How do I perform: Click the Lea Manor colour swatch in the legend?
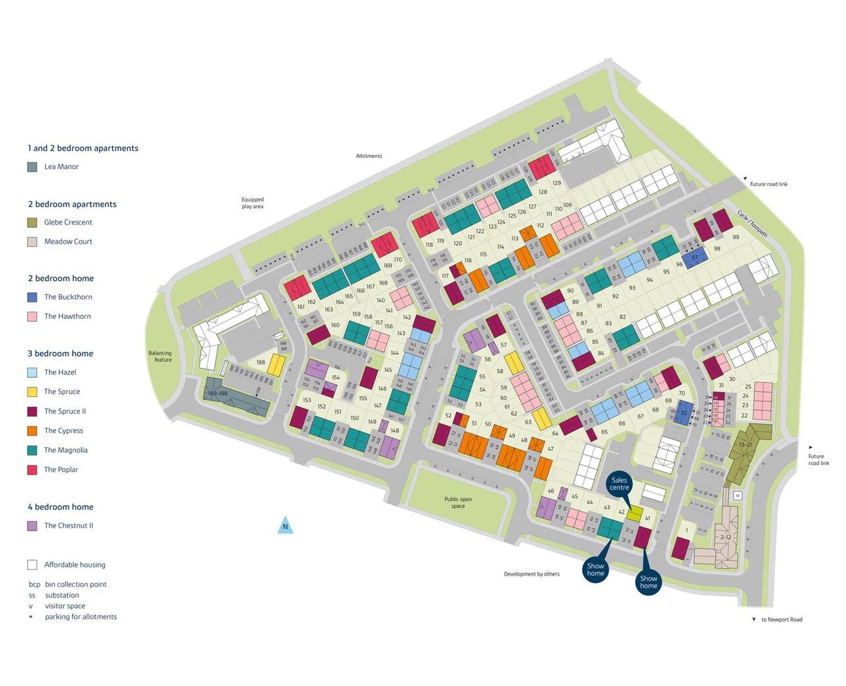[32, 167]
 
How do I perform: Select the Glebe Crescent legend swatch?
[32, 223]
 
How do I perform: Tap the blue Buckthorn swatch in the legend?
[32, 297]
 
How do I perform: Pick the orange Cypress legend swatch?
[32, 430]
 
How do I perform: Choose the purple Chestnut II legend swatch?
[32, 526]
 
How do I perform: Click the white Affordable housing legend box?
[32, 565]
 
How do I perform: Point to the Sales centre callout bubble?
[619, 484]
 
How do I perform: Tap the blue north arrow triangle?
[285, 526]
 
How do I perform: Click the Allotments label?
[369, 156]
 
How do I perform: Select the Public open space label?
[458, 502]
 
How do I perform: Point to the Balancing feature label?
[160, 357]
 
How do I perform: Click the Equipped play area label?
[252, 203]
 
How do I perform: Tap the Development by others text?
[531, 574]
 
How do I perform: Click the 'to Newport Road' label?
[781, 619]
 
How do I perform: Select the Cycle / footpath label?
[753, 224]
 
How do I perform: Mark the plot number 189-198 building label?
[217, 394]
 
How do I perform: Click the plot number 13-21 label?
[745, 445]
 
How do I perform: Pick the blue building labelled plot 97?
[695, 258]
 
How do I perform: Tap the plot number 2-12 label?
[726, 537]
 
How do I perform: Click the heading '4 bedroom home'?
[60, 507]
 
